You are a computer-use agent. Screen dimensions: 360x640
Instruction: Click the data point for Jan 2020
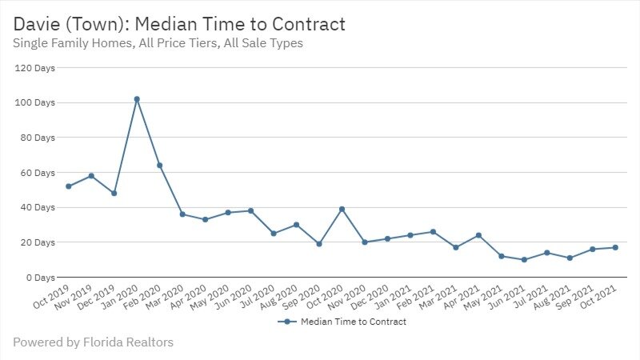137,99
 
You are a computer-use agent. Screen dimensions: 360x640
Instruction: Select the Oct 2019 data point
69,186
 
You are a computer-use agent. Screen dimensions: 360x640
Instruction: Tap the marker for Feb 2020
160,166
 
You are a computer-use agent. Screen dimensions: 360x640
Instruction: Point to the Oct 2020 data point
342,209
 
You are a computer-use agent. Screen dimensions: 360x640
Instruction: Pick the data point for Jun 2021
524,260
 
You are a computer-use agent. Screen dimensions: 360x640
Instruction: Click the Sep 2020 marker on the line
319,244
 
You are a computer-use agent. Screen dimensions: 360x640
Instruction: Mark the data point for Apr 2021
478,235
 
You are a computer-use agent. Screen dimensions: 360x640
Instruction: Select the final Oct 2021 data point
615,247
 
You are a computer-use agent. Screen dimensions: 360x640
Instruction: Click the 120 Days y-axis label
35,68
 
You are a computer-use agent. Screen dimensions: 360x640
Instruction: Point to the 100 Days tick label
35,103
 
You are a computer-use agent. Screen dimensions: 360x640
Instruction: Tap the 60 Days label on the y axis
38,173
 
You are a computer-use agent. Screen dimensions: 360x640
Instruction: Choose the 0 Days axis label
40,278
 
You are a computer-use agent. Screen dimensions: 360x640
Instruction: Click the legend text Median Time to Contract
353,322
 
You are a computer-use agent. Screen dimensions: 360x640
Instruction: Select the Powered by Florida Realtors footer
93,342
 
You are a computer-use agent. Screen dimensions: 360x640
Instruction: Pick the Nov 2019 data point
91,176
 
